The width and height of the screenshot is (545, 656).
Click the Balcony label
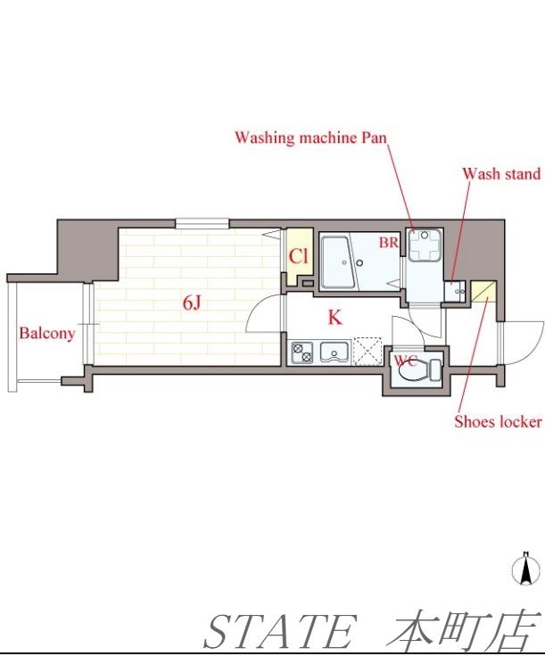(x=47, y=334)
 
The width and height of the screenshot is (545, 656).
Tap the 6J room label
(x=192, y=303)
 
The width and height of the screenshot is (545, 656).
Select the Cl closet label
(x=299, y=256)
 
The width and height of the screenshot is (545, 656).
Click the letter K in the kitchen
(x=334, y=318)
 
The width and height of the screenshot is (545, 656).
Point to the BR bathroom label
(x=389, y=242)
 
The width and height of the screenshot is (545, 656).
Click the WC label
(x=405, y=360)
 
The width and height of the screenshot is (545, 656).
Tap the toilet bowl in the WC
(x=413, y=370)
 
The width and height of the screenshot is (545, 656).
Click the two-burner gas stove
(x=302, y=352)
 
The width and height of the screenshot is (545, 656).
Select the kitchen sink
(x=335, y=352)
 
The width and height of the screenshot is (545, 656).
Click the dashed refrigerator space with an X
(x=367, y=351)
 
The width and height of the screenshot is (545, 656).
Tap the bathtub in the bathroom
(x=336, y=262)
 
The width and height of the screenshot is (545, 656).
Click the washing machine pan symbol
(x=425, y=245)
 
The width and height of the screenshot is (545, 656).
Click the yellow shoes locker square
(x=483, y=291)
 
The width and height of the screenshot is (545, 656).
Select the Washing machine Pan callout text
(x=310, y=137)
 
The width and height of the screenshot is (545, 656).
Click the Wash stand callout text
(x=501, y=174)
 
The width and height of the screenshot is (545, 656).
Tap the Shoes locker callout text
(x=498, y=421)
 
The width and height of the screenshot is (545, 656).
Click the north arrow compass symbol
(x=524, y=569)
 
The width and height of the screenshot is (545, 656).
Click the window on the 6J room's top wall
(x=202, y=223)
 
